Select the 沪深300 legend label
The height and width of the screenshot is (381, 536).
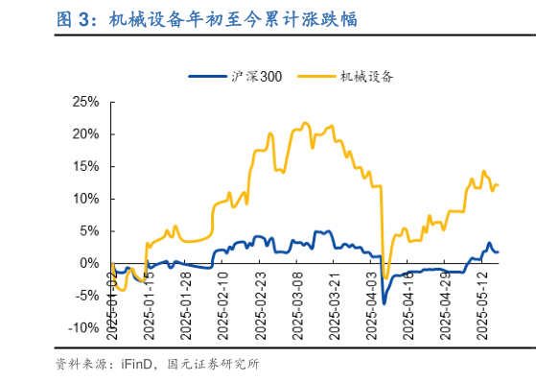click(258, 77)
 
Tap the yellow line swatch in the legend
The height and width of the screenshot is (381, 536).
click(316, 77)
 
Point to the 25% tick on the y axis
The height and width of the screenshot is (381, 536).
click(86, 101)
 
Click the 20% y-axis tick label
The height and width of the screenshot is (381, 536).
click(86, 133)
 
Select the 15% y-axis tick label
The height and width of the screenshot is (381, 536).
click(86, 166)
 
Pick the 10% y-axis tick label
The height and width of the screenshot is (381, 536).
click(86, 199)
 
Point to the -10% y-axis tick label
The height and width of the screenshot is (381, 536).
click(83, 327)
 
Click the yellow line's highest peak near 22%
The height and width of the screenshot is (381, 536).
click(305, 123)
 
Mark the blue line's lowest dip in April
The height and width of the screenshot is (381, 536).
click(384, 303)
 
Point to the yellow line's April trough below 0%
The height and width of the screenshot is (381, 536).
click(385, 278)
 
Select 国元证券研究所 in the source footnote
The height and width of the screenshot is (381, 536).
click(213, 365)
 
